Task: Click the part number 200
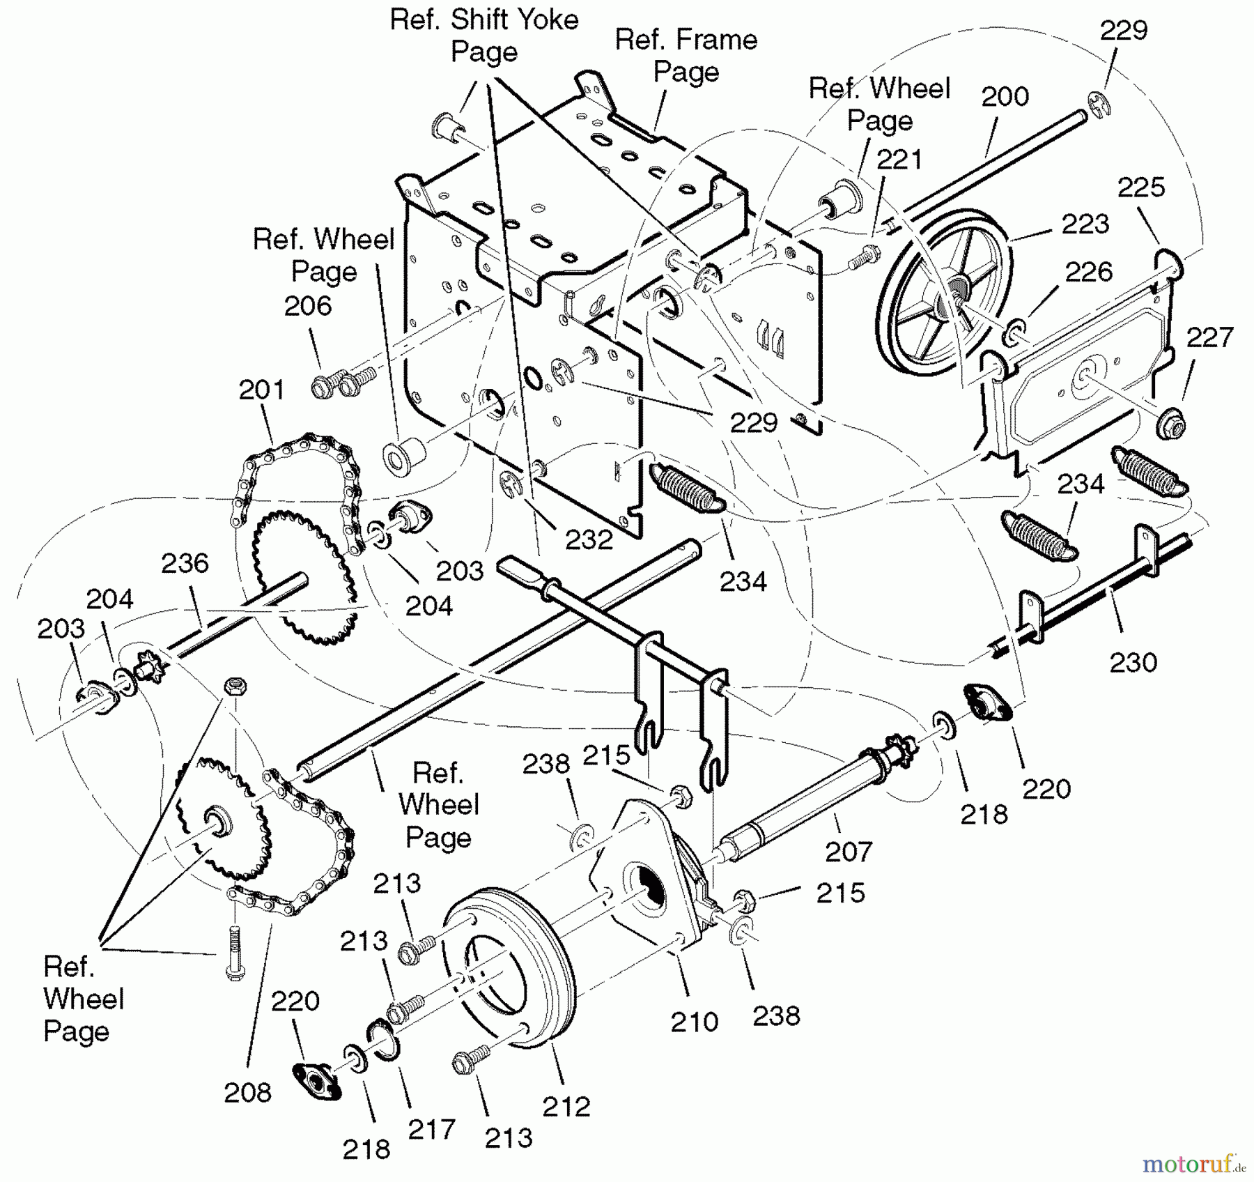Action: pyautogui.click(x=1005, y=96)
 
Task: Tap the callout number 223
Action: pyautogui.click(x=1085, y=224)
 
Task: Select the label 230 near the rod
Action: pyautogui.click(x=1133, y=661)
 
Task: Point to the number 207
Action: pyautogui.click(x=848, y=851)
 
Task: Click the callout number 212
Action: pyautogui.click(x=566, y=1106)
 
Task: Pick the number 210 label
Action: pyautogui.click(x=694, y=1022)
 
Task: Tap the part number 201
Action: pyautogui.click(x=262, y=390)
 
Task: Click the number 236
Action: pyautogui.click(x=185, y=563)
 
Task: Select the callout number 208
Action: pyautogui.click(x=247, y=1092)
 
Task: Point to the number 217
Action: pyautogui.click(x=431, y=1129)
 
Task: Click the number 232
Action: pyautogui.click(x=589, y=539)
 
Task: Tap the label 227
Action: pyautogui.click(x=1210, y=337)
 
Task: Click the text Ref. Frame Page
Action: pyautogui.click(x=686, y=56)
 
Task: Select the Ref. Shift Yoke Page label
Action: pyautogui.click(x=484, y=36)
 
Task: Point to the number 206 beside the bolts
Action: pyautogui.click(x=308, y=305)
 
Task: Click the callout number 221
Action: pyautogui.click(x=899, y=160)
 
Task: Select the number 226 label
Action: pyautogui.click(x=1089, y=271)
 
